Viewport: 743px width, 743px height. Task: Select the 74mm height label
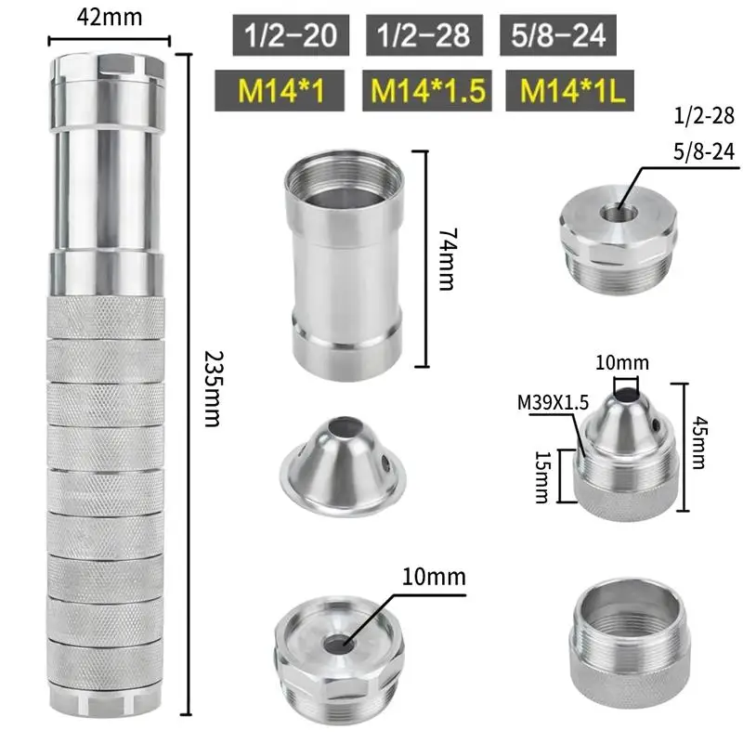447,259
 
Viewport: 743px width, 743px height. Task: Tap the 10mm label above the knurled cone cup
623,362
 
